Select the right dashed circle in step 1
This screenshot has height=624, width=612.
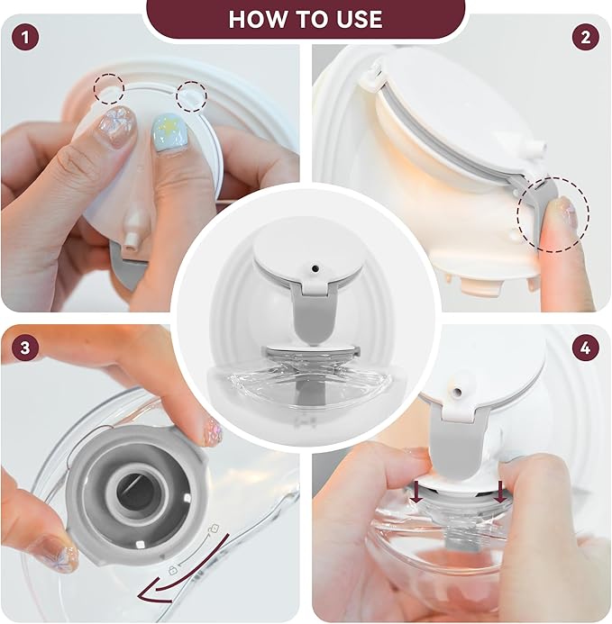pyautogui.click(x=191, y=95)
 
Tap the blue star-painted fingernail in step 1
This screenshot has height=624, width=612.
pyautogui.click(x=171, y=132)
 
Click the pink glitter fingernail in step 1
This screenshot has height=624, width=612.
pyautogui.click(x=117, y=123)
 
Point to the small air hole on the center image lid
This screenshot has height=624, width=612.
pyautogui.click(x=315, y=268)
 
